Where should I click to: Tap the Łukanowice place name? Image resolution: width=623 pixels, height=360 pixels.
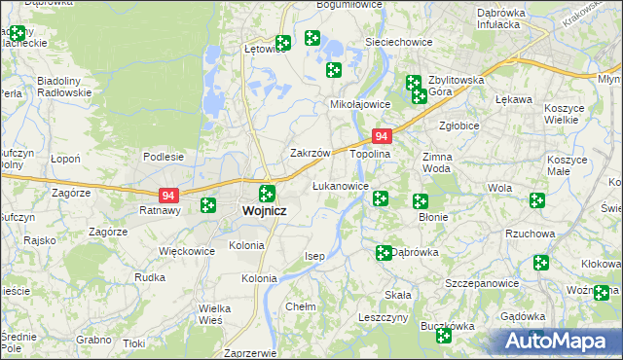(340, 186)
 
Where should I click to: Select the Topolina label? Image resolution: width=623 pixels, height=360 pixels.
(370, 154)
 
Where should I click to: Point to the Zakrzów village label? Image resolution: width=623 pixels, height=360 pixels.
(311, 154)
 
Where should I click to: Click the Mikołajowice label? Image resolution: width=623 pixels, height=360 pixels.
(360, 104)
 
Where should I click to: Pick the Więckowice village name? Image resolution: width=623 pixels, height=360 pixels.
(186, 251)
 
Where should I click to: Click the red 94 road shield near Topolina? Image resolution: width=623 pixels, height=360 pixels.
(383, 137)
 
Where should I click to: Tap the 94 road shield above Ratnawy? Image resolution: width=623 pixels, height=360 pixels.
(168, 195)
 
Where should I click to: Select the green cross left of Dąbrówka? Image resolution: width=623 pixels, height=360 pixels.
(384, 253)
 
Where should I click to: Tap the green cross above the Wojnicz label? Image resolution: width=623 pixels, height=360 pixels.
(267, 192)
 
